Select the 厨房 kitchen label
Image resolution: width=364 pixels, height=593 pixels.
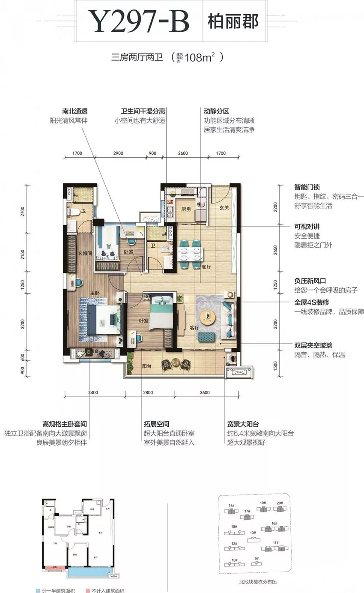pos(185,210)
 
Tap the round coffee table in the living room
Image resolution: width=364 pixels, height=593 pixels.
pos(208,317)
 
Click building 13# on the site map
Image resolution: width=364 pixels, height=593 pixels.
pos(253,533)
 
